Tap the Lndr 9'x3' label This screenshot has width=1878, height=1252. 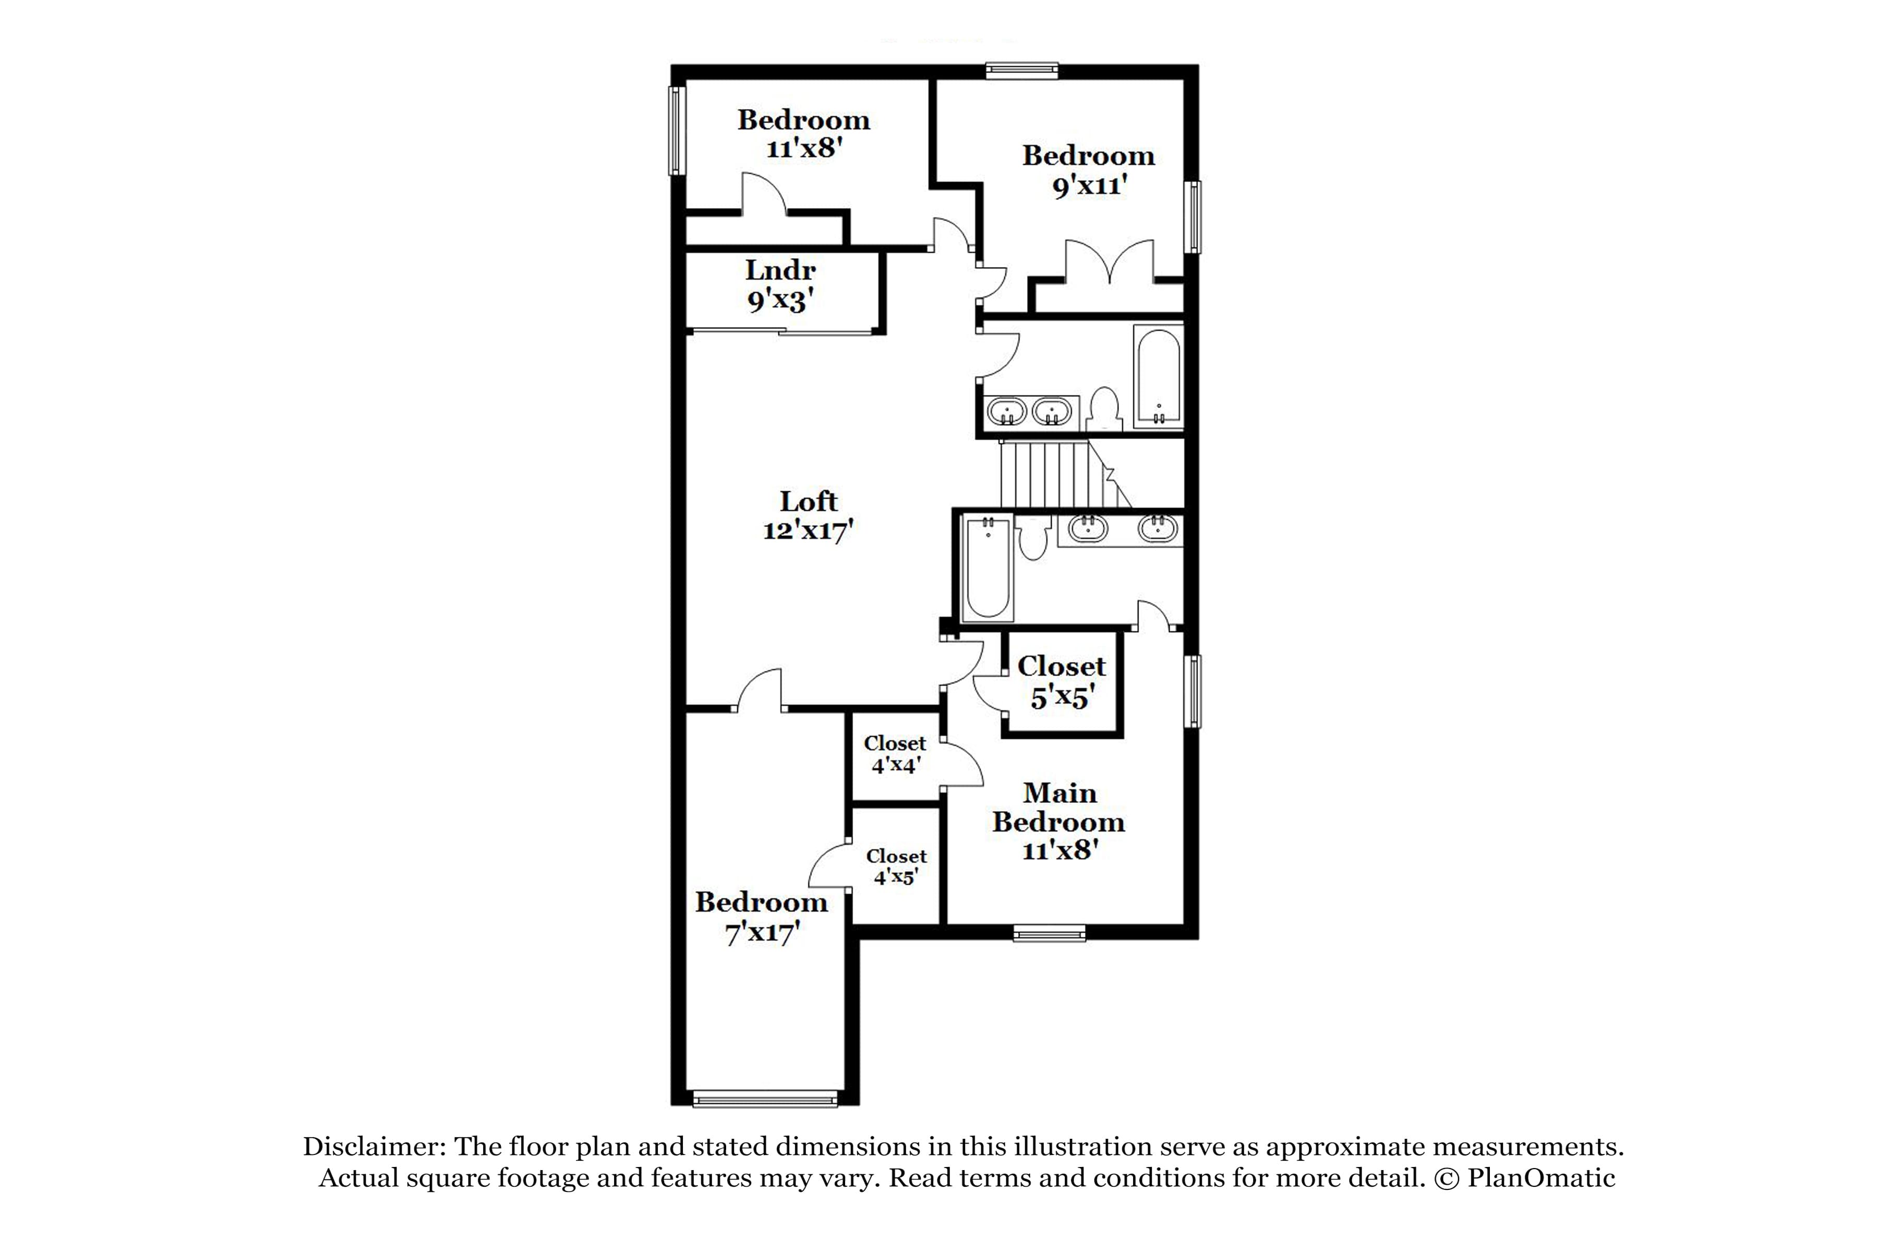(780, 286)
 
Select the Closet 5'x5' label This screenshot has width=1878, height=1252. (1061, 682)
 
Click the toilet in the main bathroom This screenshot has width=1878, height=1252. (1035, 539)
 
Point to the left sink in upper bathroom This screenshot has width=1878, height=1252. (1007, 413)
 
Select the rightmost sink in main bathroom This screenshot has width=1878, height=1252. (1157, 528)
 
